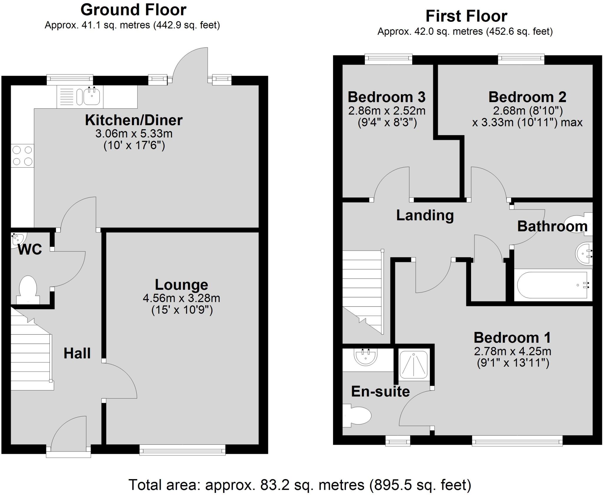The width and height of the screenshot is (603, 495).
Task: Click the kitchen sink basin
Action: point(92,96)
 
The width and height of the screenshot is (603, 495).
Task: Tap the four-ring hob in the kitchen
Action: point(22,156)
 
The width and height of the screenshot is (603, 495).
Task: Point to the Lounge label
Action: point(181,285)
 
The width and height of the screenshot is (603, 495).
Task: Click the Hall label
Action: point(77,353)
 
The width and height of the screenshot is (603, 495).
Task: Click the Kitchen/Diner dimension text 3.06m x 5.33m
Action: point(134,134)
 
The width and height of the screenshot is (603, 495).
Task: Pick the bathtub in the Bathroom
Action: point(553,285)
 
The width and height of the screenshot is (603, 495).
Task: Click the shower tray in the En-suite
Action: point(413,365)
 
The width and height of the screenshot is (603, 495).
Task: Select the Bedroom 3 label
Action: point(386,97)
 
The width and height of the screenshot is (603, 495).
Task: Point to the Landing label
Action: point(425,215)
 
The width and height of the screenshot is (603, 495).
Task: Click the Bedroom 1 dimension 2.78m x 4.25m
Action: point(512,351)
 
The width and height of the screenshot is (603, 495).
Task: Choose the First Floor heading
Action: point(466,16)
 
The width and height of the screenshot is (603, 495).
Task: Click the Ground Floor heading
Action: point(133,10)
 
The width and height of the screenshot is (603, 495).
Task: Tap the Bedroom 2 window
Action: point(521,59)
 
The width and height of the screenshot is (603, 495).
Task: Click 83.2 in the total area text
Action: point(272,485)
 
